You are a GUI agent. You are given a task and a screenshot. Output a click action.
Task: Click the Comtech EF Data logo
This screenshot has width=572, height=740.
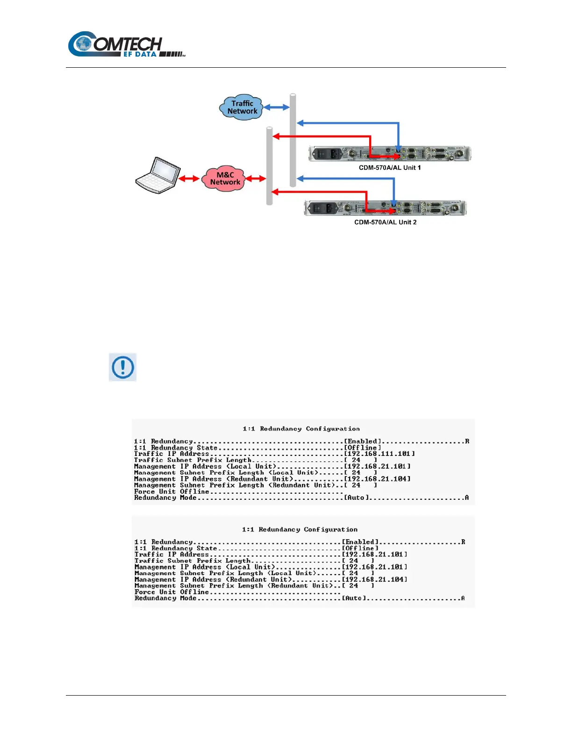tap(126, 45)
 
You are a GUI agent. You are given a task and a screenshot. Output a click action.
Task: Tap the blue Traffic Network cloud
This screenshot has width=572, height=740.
tap(242, 107)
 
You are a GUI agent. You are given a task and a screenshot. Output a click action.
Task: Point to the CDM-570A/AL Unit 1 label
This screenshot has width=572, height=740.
tap(389, 168)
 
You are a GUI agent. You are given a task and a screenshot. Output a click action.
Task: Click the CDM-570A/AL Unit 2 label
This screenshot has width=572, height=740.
tap(385, 222)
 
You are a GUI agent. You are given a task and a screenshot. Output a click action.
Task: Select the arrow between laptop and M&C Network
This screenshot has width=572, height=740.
tap(189, 178)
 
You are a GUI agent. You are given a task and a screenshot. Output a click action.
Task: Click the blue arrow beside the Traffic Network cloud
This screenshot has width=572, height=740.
tap(277, 107)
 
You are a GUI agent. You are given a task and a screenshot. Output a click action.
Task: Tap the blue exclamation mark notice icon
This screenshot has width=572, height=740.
tap(122, 367)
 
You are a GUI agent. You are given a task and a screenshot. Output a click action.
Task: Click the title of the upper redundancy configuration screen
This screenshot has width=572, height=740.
tap(301, 429)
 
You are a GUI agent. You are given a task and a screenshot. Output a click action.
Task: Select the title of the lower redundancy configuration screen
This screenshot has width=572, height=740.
tap(300, 530)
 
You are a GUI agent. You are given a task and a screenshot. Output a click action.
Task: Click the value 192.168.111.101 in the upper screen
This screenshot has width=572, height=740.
tap(379, 454)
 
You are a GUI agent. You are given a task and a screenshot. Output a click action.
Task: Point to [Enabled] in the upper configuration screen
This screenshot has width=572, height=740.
tap(363, 441)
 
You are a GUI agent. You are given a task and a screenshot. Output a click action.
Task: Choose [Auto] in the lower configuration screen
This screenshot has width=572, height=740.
tap(354, 598)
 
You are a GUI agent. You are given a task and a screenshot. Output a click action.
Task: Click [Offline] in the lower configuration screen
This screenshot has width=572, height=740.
tap(360, 548)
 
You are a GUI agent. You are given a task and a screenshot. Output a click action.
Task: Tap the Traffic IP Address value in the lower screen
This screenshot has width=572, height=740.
tap(374, 555)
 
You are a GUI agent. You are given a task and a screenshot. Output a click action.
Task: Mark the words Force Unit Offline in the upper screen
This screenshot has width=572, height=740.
tap(172, 491)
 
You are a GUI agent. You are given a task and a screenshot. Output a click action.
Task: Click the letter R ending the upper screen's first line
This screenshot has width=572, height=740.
tap(467, 441)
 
